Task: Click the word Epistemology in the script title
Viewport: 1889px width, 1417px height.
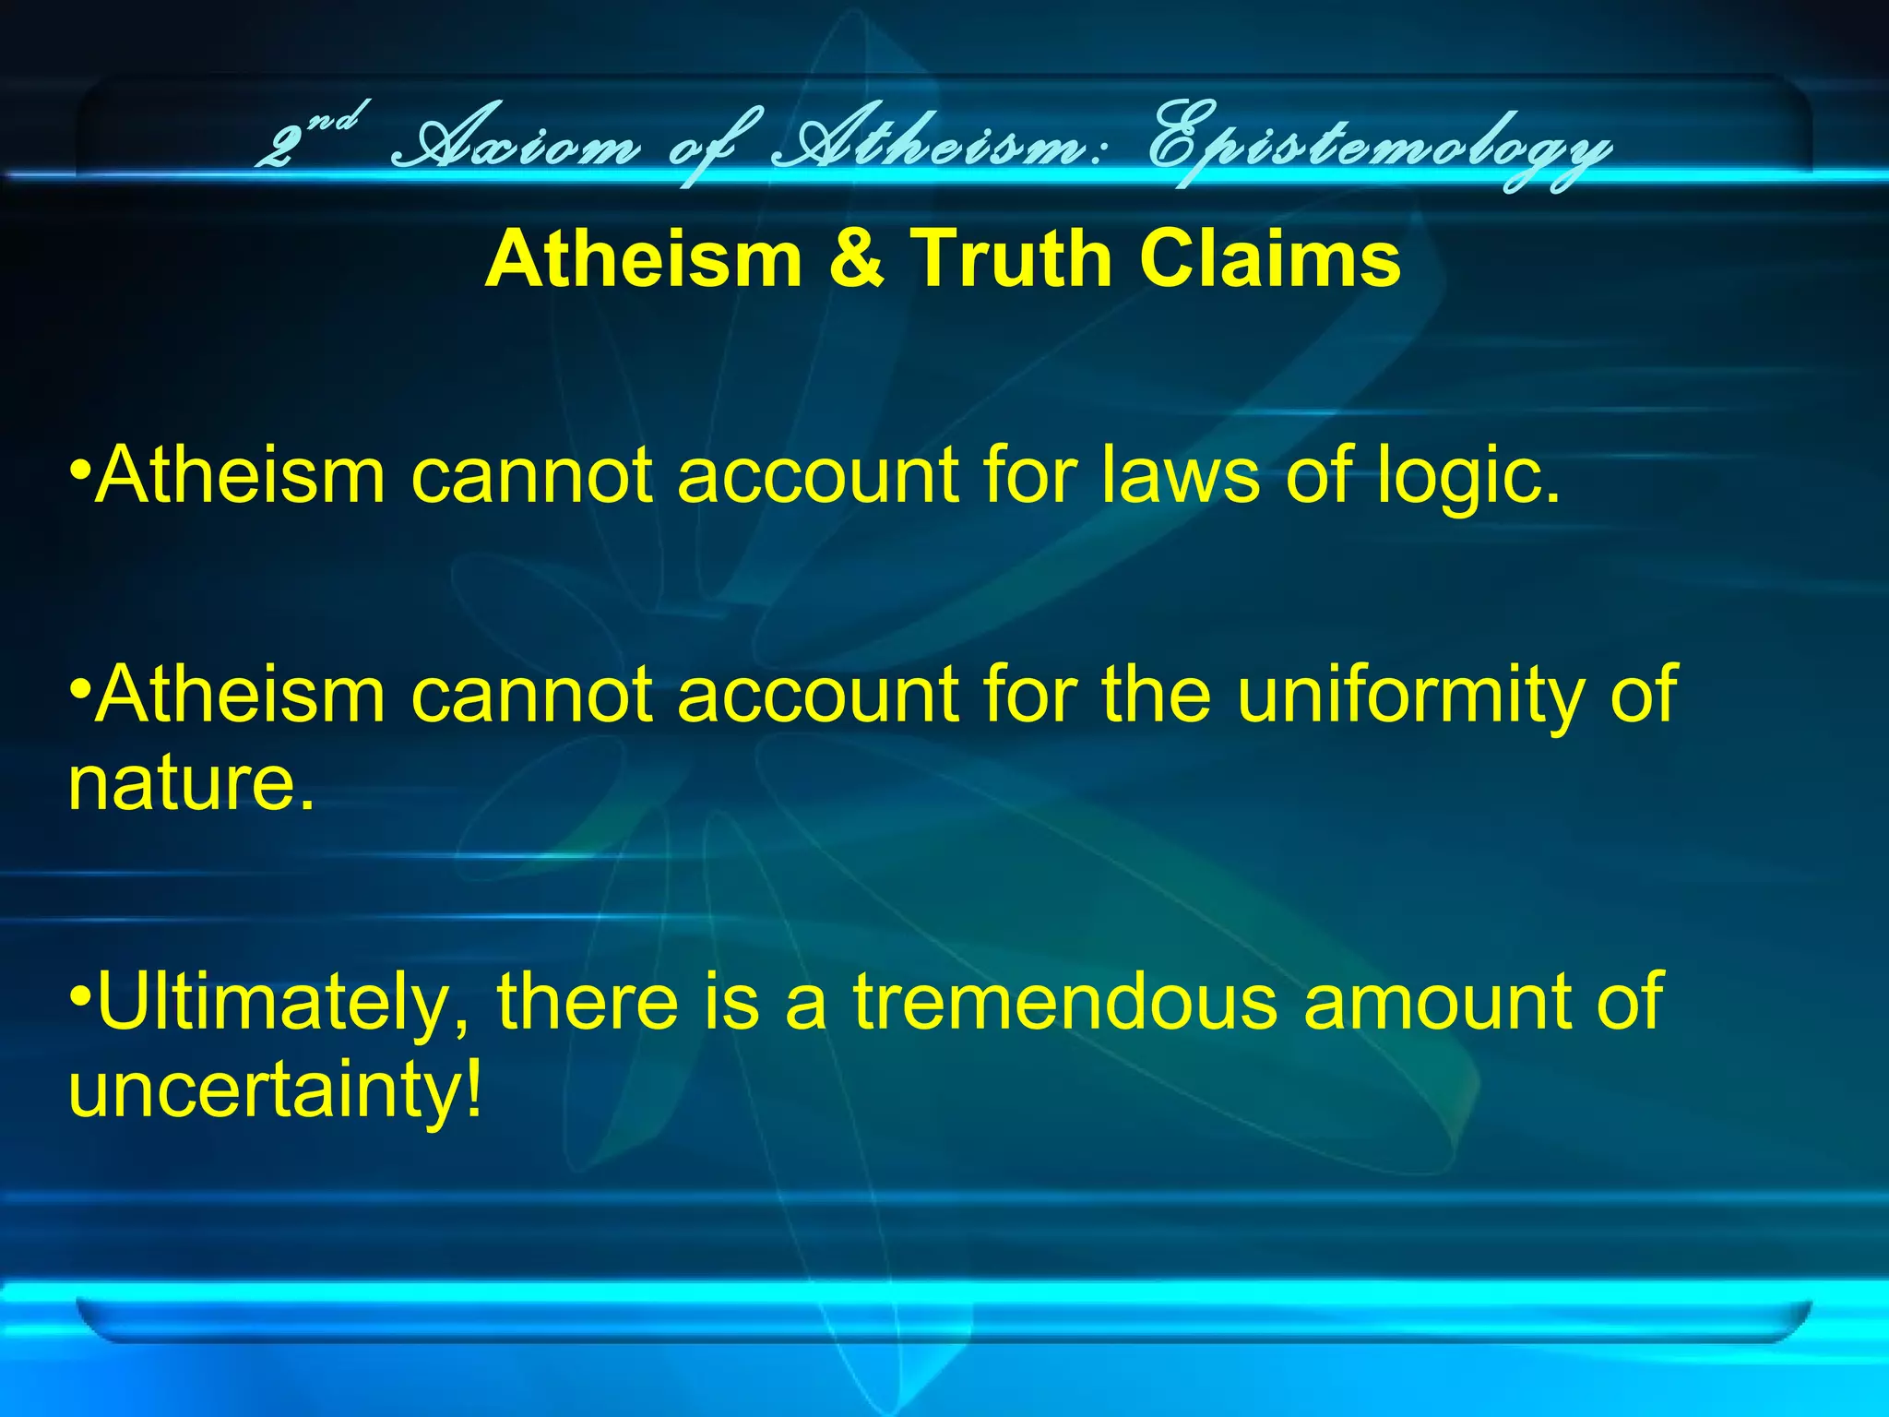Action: (1378, 148)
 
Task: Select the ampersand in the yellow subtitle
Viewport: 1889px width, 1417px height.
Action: (855, 259)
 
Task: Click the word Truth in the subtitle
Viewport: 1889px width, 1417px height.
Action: (1012, 259)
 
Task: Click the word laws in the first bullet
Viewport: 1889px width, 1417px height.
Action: (1181, 476)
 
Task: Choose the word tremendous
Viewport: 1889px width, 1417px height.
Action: (1064, 1002)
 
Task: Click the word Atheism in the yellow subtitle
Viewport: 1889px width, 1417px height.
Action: (643, 259)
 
